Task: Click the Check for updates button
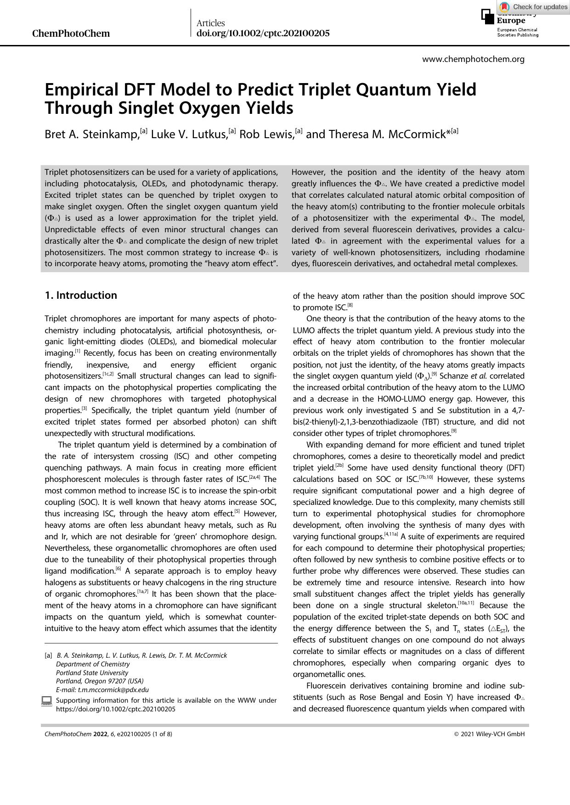tap(534, 7)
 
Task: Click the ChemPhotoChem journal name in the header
tap(71, 34)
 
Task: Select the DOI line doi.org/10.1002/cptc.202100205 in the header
tap(263, 34)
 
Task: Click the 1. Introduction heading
tap(81, 295)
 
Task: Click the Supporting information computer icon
tap(46, 701)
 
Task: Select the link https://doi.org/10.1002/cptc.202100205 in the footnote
tap(115, 709)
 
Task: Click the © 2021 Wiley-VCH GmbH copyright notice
tap(489, 734)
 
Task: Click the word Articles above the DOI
tap(210, 23)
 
